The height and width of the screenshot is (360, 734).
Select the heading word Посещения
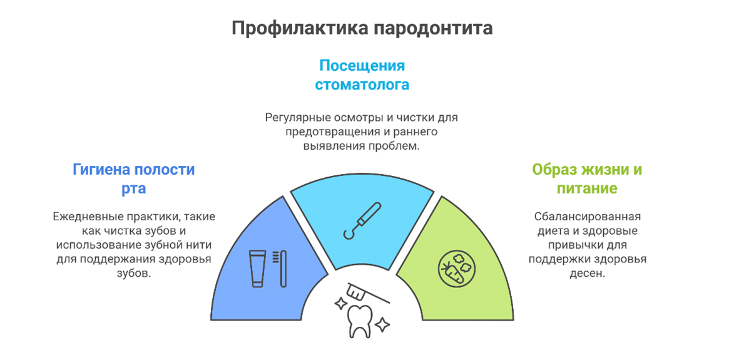pyautogui.click(x=362, y=65)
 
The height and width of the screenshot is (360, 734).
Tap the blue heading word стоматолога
pyautogui.click(x=362, y=85)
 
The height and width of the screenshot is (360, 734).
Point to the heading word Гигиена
pyautogui.click(x=101, y=169)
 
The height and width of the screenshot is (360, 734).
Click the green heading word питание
pyautogui.click(x=586, y=189)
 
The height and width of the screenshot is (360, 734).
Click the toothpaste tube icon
pyautogui.click(x=258, y=268)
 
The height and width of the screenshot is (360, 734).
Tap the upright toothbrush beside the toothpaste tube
pyautogui.click(x=282, y=268)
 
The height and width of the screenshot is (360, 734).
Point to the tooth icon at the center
pyautogui.click(x=359, y=321)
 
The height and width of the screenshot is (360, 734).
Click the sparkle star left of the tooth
pyautogui.click(x=339, y=304)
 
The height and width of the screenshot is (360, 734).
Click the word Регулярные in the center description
pyautogui.click(x=293, y=118)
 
